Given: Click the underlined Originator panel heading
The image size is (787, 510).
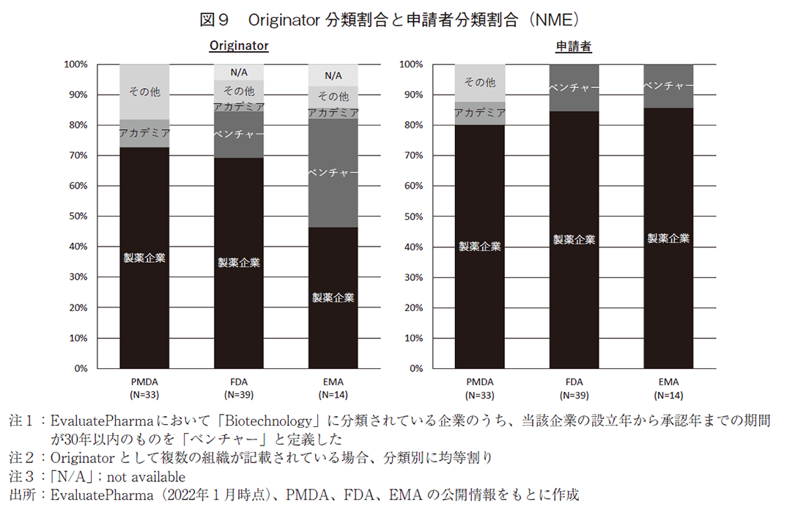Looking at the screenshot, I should (x=239, y=45).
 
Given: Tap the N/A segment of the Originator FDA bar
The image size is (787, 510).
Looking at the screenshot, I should (x=239, y=72).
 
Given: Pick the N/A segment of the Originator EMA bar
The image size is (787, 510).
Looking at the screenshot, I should (x=333, y=75).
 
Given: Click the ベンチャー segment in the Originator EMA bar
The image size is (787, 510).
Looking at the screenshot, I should (x=333, y=173).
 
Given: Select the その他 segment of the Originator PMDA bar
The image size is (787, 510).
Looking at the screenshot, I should (x=144, y=92).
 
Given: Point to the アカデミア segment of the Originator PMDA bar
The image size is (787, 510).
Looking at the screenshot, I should (x=144, y=134).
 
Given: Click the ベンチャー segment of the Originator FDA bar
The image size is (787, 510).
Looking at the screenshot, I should (x=239, y=135).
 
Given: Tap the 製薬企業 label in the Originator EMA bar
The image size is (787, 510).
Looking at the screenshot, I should (x=333, y=297).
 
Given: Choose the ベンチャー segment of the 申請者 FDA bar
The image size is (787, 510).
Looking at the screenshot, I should (x=574, y=88).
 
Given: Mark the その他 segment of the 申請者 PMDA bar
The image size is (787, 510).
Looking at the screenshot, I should (x=480, y=82).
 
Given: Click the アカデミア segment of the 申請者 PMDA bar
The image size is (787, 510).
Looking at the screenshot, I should (x=480, y=113).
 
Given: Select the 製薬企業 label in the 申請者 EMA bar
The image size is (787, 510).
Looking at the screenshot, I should (x=668, y=238).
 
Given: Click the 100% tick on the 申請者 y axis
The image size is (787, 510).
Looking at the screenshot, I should (x=410, y=65).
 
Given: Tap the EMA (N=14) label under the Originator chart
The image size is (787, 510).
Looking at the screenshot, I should (x=333, y=388).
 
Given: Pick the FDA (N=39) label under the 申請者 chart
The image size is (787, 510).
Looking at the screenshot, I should (x=574, y=388).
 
